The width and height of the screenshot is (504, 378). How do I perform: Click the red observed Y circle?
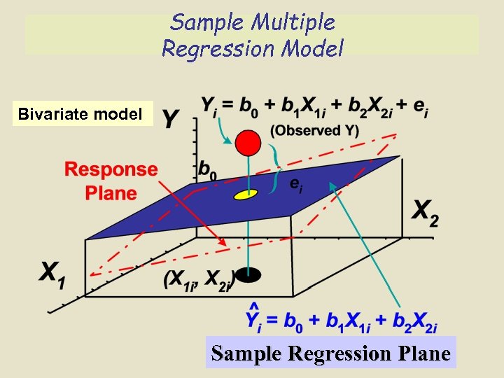pos(247,143)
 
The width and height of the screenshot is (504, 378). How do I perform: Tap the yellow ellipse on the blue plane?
pos(246,193)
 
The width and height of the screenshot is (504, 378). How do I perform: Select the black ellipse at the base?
pos(246,274)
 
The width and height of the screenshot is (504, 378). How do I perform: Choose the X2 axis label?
pos(425,211)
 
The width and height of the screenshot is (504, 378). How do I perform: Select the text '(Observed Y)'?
pos(315,130)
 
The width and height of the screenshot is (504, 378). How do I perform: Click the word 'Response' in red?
pos(111,169)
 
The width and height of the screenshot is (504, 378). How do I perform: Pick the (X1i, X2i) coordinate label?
pos(198,280)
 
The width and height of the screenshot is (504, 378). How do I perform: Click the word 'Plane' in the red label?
pos(111,193)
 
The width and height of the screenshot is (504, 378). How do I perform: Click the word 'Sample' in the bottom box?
pos(247,353)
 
